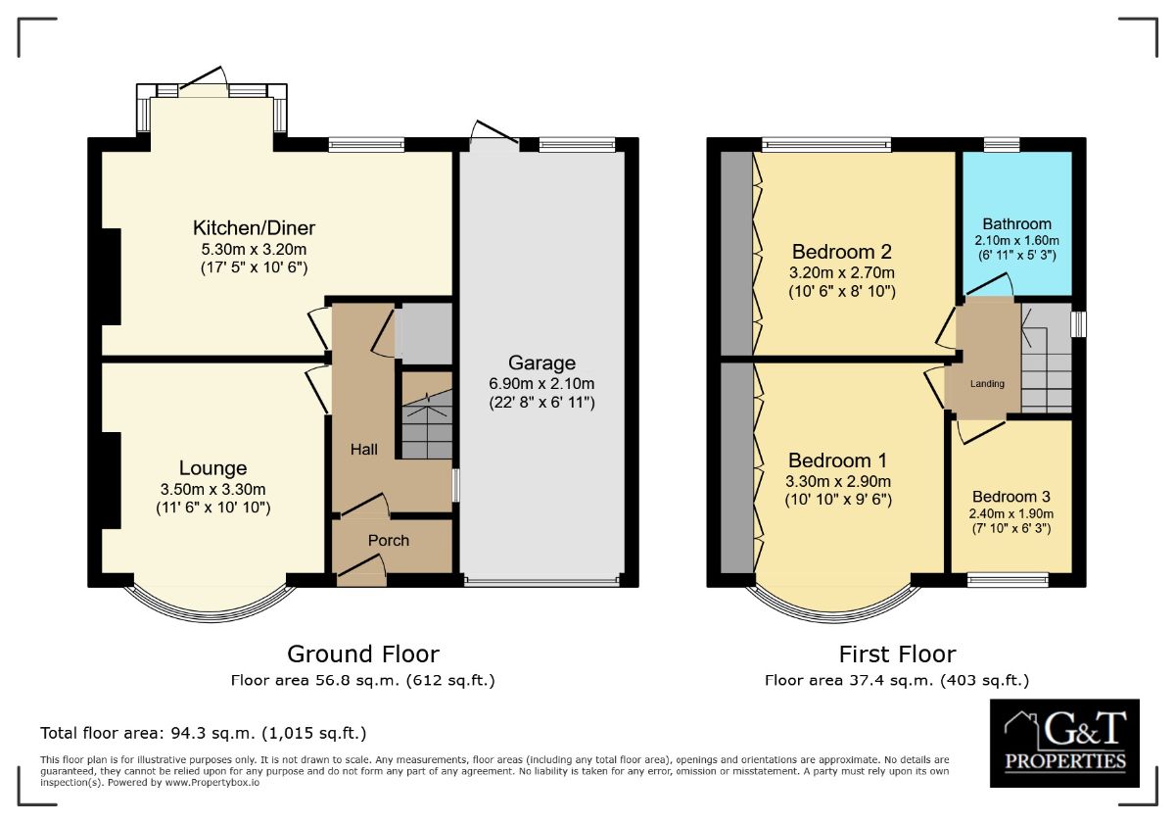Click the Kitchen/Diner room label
tap(254, 228)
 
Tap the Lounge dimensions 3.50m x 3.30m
tap(213, 489)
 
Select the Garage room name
tap(541, 363)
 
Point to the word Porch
tap(388, 540)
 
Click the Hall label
tap(364, 450)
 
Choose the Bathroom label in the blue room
tap(1016, 224)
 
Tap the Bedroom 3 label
tap(1011, 497)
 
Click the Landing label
tap(987, 384)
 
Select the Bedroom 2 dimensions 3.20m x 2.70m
tap(842, 272)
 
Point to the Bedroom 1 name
tap(838, 460)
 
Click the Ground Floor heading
tap(363, 654)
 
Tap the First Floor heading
tap(898, 654)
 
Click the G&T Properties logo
tap(1064, 744)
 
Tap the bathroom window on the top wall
tap(1002, 144)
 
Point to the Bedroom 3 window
tap(1008, 579)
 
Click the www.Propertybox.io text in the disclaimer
tap(211, 783)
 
